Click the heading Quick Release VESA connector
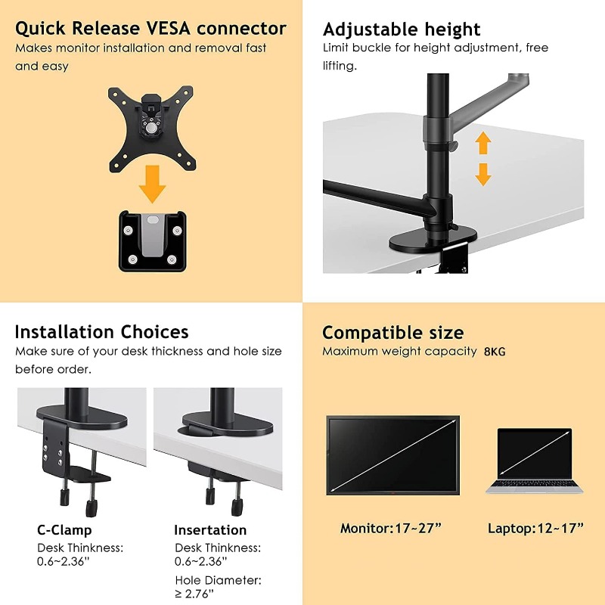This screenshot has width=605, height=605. click(150, 29)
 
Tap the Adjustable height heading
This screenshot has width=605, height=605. click(402, 29)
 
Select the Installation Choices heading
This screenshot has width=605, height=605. click(101, 332)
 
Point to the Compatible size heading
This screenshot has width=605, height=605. click(392, 333)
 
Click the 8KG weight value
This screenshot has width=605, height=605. click(496, 352)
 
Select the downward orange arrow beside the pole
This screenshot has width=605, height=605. click(482, 174)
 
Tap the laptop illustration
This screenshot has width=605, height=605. click(535, 461)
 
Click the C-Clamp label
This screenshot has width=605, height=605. click(64, 529)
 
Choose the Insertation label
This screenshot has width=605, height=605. click(210, 529)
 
